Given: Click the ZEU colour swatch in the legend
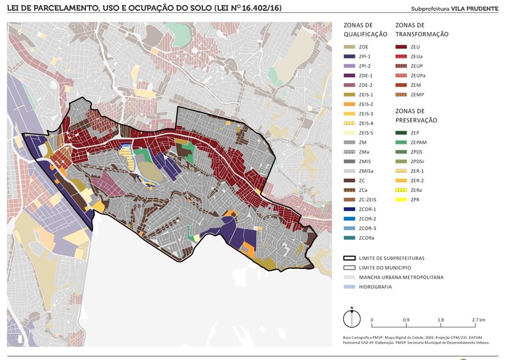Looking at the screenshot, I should (x=401, y=47).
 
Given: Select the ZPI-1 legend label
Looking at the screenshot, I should (x=364, y=57).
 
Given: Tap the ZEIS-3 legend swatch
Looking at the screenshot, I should (x=350, y=114).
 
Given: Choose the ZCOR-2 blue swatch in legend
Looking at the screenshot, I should (x=350, y=219).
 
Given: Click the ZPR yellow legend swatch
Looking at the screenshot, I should (x=401, y=200).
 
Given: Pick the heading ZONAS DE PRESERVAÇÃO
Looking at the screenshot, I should (x=416, y=115).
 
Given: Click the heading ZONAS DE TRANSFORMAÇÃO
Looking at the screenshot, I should (x=422, y=30).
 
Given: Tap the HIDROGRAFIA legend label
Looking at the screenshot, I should (x=375, y=287).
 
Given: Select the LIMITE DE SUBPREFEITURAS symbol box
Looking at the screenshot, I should (x=350, y=258).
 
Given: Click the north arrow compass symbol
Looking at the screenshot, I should (x=352, y=318).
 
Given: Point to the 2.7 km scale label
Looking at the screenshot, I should (x=478, y=320).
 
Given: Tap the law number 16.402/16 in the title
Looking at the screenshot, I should (x=256, y=8).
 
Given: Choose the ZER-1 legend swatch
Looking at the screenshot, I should (x=401, y=171).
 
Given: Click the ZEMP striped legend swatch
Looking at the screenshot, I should (x=401, y=95).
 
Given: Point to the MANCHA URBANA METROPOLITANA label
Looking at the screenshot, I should (x=401, y=277).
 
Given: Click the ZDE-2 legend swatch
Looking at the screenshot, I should (x=350, y=85).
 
